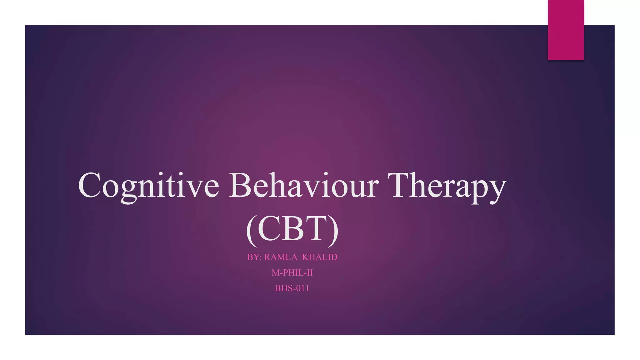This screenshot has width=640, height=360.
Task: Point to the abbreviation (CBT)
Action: point(292,229)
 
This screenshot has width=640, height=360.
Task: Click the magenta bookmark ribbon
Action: point(566,30)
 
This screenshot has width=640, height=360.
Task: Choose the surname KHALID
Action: point(320,257)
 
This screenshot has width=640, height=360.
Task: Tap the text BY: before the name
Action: point(254,257)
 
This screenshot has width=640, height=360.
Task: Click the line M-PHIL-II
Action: point(292,273)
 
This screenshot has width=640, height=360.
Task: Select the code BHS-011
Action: point(292,288)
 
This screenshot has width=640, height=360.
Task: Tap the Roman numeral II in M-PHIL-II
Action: point(310,273)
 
